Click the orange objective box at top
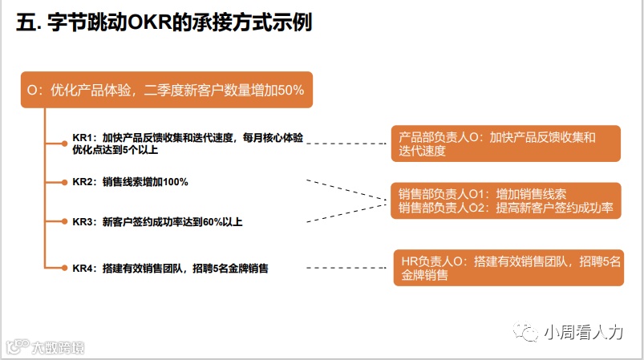pyautogui.click(x=165, y=91)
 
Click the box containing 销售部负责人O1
pyautogui.click(x=505, y=200)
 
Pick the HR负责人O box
pyautogui.click(x=508, y=268)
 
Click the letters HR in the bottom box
pyautogui.click(x=409, y=261)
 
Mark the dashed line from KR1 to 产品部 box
pyautogui.click(x=349, y=144)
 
